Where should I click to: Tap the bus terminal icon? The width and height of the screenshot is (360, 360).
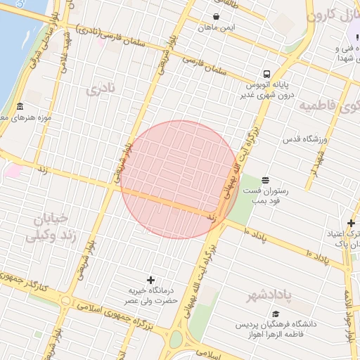266,74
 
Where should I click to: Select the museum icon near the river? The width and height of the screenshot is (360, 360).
20,107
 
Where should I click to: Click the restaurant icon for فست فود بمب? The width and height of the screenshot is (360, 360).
265,181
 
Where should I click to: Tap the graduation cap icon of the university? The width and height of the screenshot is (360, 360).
276,314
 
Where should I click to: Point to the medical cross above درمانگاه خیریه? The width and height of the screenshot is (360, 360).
150,279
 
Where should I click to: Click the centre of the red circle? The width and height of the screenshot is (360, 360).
179,179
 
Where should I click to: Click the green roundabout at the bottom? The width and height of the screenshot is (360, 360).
175,340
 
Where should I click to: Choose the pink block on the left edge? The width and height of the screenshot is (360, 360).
11,170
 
